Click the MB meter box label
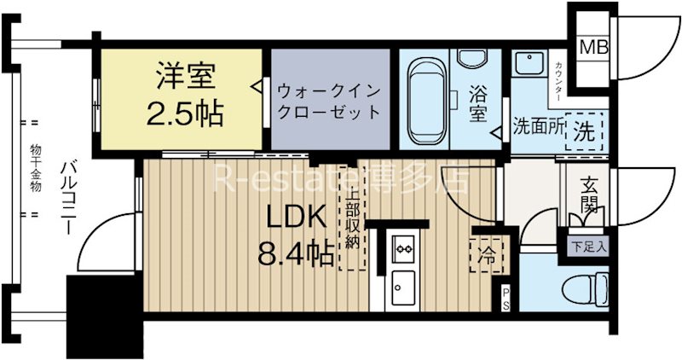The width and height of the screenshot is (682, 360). click(595, 47)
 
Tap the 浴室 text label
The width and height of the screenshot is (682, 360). click(478, 102)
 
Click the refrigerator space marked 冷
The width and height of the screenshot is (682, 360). click(487, 253)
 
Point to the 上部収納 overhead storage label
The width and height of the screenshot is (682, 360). click(350, 217)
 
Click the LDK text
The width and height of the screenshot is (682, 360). click(292, 220)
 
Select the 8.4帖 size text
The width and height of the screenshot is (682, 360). click(293, 254)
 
